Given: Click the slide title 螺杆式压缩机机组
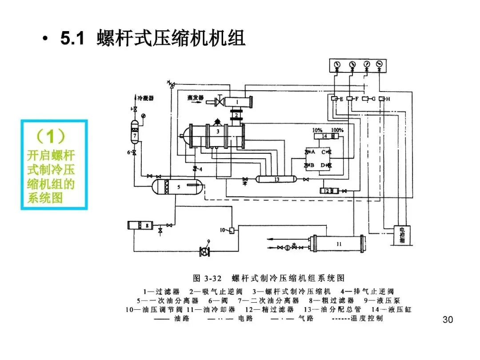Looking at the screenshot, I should [x=171, y=39].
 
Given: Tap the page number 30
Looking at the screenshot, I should [x=448, y=320].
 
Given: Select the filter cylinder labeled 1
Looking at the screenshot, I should [x=238, y=102].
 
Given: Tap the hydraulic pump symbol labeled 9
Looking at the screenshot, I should [x=204, y=252].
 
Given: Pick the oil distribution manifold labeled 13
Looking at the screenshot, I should [x=276, y=179].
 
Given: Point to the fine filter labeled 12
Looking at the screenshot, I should [x=329, y=191].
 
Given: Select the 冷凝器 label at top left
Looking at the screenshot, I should [x=145, y=98].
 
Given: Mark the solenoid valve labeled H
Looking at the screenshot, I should [x=381, y=99].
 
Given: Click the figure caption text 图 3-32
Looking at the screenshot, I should [x=207, y=278].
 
